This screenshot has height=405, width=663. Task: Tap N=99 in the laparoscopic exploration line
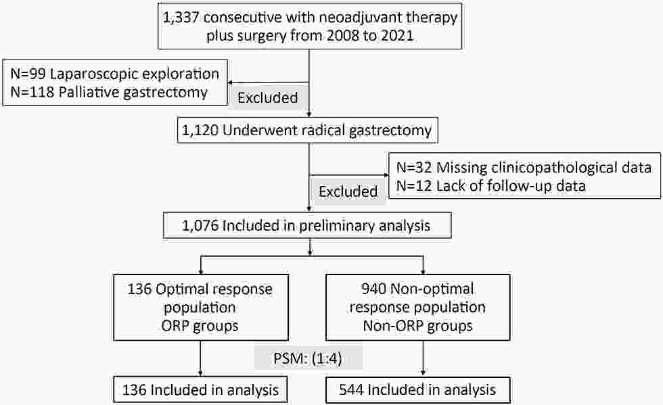[x=28, y=74]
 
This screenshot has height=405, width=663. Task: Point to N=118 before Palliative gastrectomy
[x=32, y=92]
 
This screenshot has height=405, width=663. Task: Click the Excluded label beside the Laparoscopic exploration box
[x=268, y=97]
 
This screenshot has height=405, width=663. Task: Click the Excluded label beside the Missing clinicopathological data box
[x=348, y=191]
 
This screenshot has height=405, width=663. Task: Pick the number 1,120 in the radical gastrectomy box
[x=200, y=130]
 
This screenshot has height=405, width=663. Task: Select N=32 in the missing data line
[x=414, y=168]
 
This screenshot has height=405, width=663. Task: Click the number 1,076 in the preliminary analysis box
[x=200, y=225]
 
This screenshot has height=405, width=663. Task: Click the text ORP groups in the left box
[x=200, y=326]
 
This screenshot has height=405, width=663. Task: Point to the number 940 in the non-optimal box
[x=373, y=289]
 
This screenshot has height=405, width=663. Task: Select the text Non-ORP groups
[x=418, y=326]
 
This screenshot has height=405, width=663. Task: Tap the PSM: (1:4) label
[x=308, y=358]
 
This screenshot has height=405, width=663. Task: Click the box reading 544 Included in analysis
[x=418, y=389]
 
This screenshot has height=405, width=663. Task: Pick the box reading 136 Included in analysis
[x=200, y=389]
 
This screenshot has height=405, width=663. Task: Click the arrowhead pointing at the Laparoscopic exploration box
[x=231, y=83]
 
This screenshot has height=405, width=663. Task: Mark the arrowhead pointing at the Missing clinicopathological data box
[x=386, y=175]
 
